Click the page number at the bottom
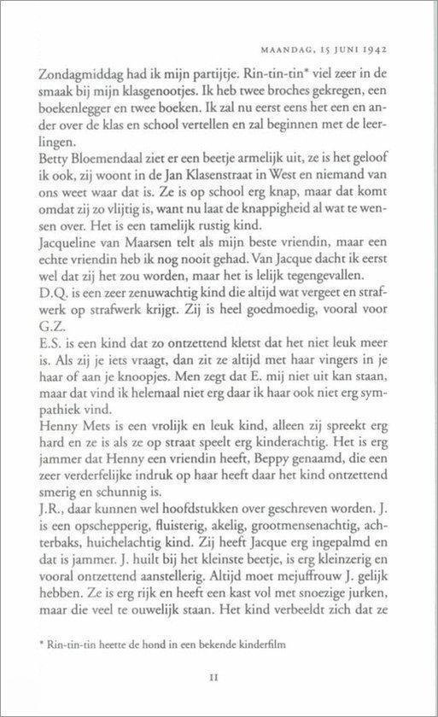[x=219, y=696]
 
